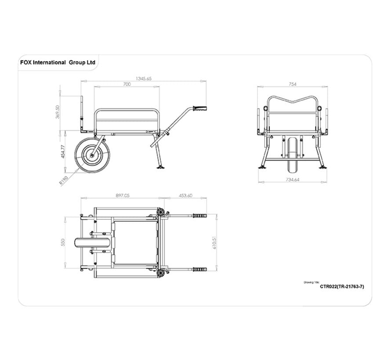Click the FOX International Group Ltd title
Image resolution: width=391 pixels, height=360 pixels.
(58, 62)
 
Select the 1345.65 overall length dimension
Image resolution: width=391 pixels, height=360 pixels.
(144, 79)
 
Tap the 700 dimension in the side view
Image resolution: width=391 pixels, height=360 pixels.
(127, 84)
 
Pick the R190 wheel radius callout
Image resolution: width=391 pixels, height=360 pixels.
(64, 180)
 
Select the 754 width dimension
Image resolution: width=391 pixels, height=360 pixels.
(292, 84)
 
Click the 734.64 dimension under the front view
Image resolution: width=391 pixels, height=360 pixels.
(292, 180)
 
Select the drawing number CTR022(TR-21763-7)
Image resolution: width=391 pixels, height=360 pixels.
(342, 286)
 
